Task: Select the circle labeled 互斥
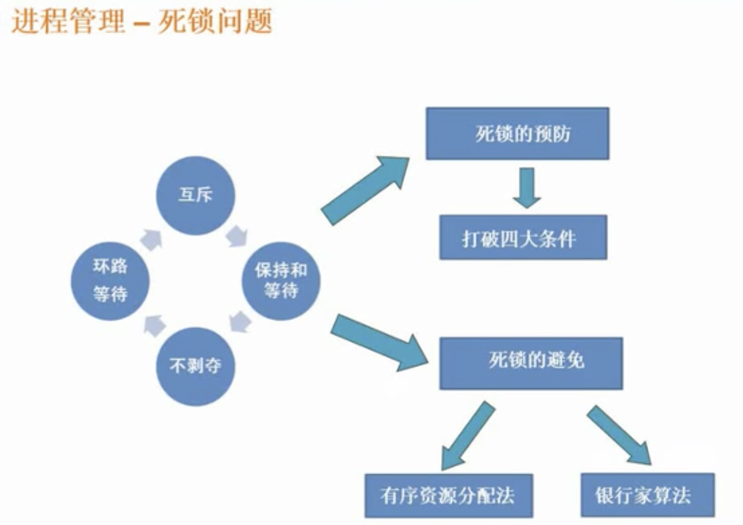[195, 195]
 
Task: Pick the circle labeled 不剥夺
[195, 366]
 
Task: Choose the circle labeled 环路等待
[110, 281]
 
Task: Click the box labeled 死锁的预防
[517, 134]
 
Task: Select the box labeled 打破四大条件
[523, 237]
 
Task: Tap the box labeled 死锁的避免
[530, 363]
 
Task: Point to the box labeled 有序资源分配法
[449, 495]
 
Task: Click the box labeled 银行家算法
[647, 494]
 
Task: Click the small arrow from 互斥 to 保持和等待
[236, 236]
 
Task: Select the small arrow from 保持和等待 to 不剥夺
[240, 323]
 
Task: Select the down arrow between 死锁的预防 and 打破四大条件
[526, 187]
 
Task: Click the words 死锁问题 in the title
[215, 22]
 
